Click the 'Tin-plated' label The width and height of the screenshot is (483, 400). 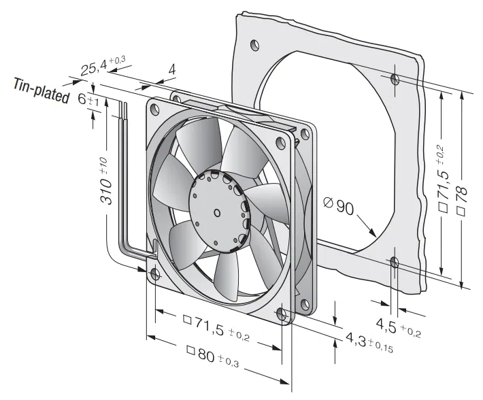coord(41,91)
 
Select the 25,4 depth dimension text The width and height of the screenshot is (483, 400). coord(103,66)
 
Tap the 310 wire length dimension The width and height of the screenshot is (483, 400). coord(106,181)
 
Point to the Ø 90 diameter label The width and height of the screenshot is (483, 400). coord(339,206)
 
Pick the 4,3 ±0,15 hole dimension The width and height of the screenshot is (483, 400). coord(369,341)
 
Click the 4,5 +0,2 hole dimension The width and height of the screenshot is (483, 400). coord(398,327)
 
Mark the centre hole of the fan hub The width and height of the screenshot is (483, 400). coord(217,213)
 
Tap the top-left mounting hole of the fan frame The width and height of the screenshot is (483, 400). coord(154,109)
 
